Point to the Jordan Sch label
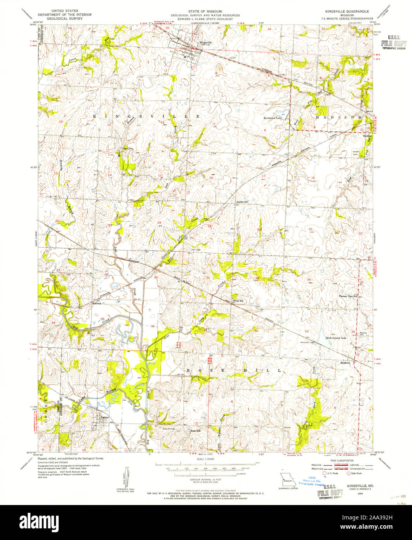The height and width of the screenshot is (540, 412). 242,202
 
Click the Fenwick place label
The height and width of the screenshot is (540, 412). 96,303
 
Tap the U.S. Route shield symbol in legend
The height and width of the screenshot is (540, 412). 325,473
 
